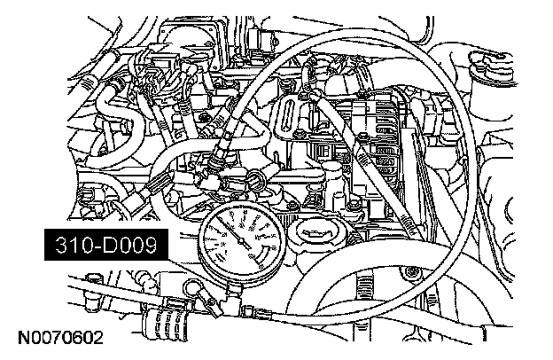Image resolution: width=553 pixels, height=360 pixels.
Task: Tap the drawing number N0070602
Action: point(60,339)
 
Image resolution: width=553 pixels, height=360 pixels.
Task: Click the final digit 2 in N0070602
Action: point(98,339)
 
